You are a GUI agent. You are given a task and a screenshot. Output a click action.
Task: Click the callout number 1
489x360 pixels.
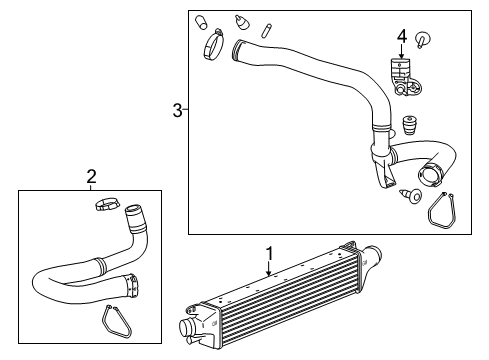[268, 254]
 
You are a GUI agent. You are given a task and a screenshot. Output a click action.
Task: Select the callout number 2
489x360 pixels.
[91, 177]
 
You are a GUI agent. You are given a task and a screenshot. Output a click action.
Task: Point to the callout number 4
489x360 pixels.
[401, 38]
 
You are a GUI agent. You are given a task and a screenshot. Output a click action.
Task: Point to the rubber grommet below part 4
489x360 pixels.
[408, 127]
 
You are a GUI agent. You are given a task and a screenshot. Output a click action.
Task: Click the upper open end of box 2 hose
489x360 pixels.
[132, 212]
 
